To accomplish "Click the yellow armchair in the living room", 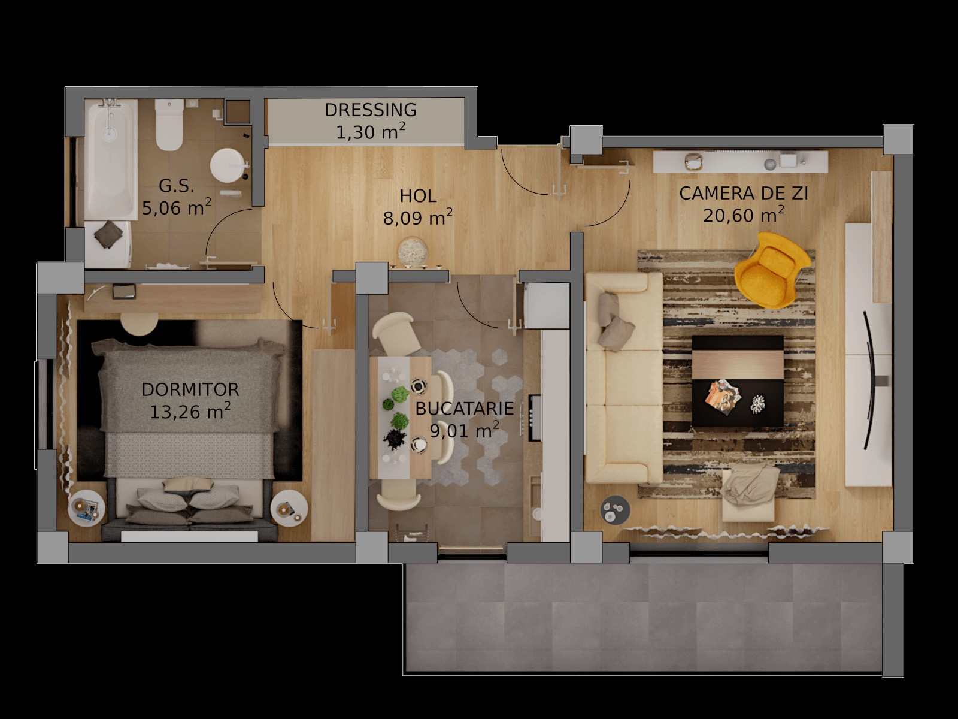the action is pyautogui.click(x=772, y=269).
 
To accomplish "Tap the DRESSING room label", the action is pyautogui.click(x=371, y=110).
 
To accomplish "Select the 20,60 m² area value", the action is pyautogui.click(x=743, y=215).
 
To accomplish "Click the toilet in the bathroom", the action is pyautogui.click(x=169, y=125).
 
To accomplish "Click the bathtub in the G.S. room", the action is pyautogui.click(x=111, y=159).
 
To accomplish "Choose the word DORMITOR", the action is pyautogui.click(x=190, y=389).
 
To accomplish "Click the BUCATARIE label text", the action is pyautogui.click(x=465, y=409).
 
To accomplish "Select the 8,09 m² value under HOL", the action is pyautogui.click(x=418, y=218).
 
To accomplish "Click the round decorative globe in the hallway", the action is pyautogui.click(x=413, y=252).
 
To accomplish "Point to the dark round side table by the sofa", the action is pyautogui.click(x=615, y=509).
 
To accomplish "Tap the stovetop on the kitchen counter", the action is pyautogui.click(x=535, y=418).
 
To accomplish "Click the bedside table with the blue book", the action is pyautogui.click(x=87, y=508).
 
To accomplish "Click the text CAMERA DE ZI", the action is pyautogui.click(x=743, y=194).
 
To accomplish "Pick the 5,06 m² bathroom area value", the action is pyautogui.click(x=176, y=207).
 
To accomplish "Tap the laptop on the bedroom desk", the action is pyautogui.click(x=124, y=291).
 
